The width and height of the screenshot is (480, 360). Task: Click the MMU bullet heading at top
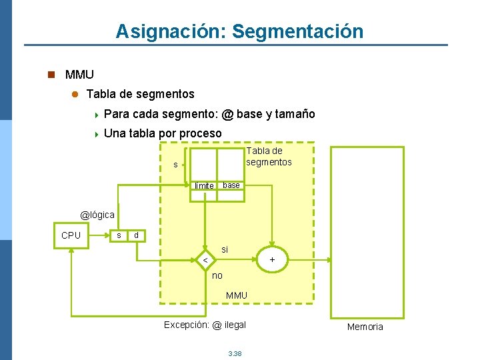(x=79, y=75)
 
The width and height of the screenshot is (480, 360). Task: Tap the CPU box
(x=71, y=235)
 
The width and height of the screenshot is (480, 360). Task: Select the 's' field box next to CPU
(x=118, y=235)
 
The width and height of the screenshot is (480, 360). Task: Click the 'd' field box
(x=136, y=235)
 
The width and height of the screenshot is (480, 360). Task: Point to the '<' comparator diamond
(x=206, y=259)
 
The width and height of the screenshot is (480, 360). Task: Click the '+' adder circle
(x=271, y=259)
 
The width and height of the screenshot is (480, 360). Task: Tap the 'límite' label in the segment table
(x=204, y=185)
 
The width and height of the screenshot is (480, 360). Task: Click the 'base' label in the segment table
(x=231, y=185)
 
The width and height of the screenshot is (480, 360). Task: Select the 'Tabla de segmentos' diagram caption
(x=269, y=156)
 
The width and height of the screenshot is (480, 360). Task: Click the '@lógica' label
(x=97, y=215)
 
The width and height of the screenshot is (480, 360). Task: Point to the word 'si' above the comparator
(x=225, y=249)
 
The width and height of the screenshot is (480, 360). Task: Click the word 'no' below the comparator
(x=217, y=275)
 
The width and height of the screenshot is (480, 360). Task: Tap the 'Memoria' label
(x=365, y=327)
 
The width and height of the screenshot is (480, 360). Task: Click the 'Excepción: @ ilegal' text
(x=205, y=325)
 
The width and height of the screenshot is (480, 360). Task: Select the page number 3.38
(x=235, y=353)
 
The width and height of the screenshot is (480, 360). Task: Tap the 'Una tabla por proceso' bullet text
(x=163, y=133)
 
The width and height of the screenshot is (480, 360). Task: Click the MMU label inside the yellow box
(x=237, y=295)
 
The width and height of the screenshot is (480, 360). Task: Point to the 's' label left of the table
(x=175, y=164)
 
